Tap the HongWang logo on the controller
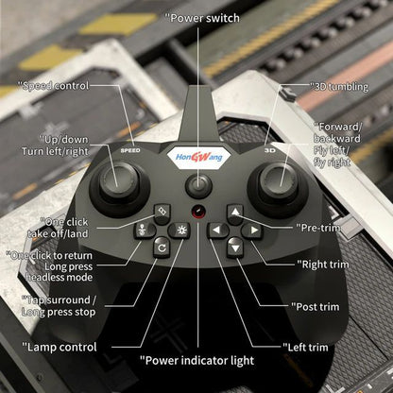(x=196, y=156)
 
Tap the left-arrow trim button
(x=217, y=230)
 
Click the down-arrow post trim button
(x=235, y=247)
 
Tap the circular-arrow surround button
(x=161, y=248)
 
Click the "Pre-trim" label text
(x=325, y=228)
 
